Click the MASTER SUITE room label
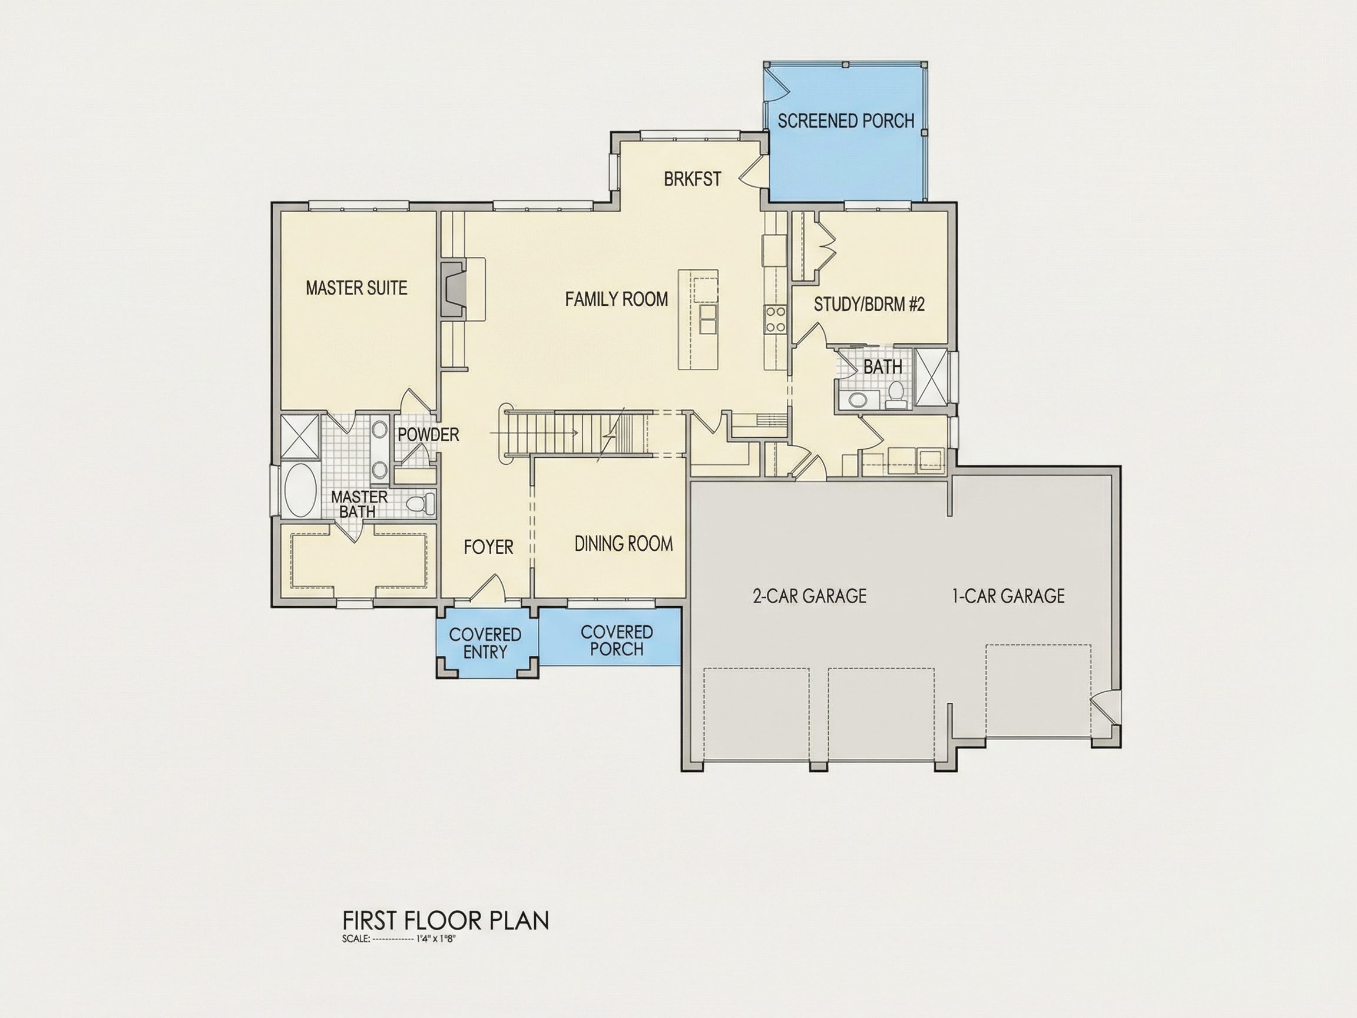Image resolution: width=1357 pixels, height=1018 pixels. pyautogui.click(x=356, y=288)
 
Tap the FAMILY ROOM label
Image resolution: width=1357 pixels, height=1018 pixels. pyautogui.click(x=617, y=299)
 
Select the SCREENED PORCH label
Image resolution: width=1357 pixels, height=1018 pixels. pyautogui.click(x=846, y=121)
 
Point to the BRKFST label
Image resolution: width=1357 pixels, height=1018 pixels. pyautogui.click(x=693, y=179)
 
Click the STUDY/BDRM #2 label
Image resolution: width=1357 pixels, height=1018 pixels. pyautogui.click(x=869, y=305)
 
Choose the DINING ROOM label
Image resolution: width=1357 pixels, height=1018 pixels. pyautogui.click(x=623, y=544)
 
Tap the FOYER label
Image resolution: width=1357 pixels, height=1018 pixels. pyautogui.click(x=488, y=547)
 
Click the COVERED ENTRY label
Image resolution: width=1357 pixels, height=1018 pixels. pyautogui.click(x=485, y=643)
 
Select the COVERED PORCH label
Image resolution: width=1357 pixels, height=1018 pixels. pyautogui.click(x=617, y=640)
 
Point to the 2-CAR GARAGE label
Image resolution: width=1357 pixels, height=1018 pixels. pyautogui.click(x=809, y=596)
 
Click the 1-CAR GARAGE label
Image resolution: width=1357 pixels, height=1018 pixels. pyautogui.click(x=1008, y=596)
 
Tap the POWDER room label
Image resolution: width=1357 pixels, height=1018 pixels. pyautogui.click(x=428, y=435)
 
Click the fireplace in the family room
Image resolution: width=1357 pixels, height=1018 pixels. pyautogui.click(x=453, y=289)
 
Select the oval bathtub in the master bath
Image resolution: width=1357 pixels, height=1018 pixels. pyautogui.click(x=300, y=491)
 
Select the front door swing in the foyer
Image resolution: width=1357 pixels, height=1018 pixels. pyautogui.click(x=489, y=587)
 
